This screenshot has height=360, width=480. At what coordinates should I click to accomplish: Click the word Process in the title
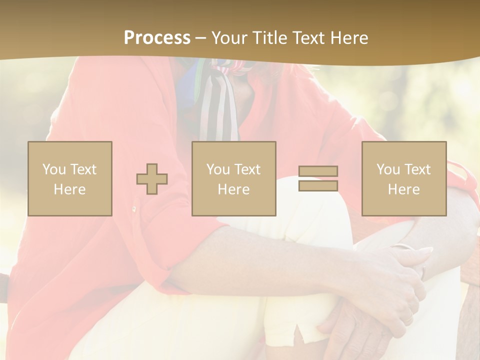(157, 38)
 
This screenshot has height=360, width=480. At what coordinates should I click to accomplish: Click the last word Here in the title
(350, 38)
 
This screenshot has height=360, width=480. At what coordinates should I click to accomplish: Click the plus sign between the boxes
(152, 179)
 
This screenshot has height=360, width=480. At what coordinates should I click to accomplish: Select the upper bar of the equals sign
(318, 171)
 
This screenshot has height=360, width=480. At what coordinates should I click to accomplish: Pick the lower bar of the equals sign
(318, 186)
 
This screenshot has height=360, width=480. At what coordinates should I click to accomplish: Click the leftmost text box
(69, 178)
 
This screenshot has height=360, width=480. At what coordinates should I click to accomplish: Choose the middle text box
(233, 178)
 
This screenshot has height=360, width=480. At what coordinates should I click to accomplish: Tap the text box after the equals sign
(403, 178)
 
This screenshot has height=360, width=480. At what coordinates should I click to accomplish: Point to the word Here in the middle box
(233, 189)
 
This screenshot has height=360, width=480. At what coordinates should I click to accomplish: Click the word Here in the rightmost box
(403, 189)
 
